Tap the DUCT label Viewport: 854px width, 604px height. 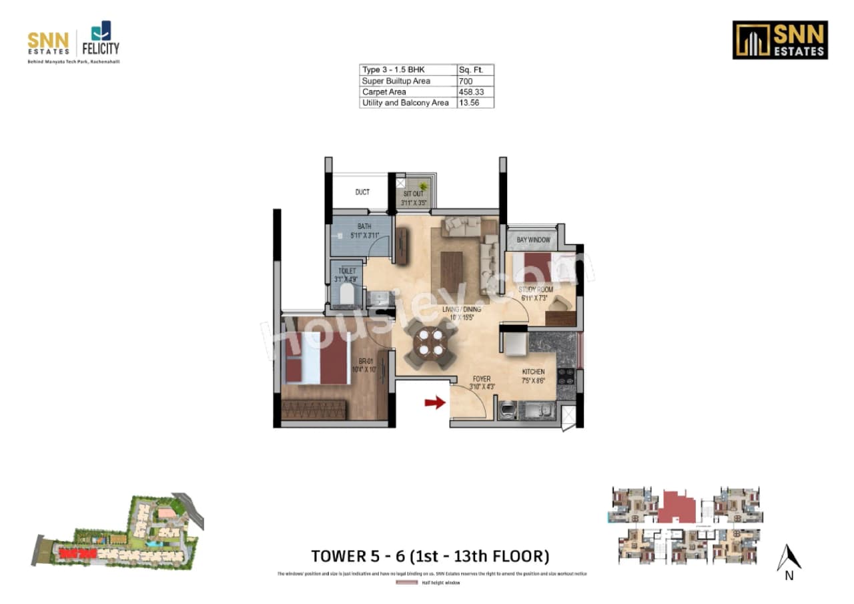pyautogui.click(x=362, y=192)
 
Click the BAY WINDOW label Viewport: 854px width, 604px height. pyautogui.click(x=534, y=240)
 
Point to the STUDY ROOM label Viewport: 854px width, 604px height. pyautogui.click(x=536, y=290)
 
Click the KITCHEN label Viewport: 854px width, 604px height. pyautogui.click(x=533, y=372)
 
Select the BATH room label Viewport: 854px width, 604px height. pyautogui.click(x=364, y=227)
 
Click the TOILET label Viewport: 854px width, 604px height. pyautogui.click(x=347, y=271)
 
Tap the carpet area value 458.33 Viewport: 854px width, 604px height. pyautogui.click(x=470, y=91)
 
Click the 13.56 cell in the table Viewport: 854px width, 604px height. pyautogui.click(x=468, y=103)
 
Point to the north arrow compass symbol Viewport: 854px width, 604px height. pyautogui.click(x=789, y=559)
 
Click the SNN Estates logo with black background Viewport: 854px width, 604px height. pyautogui.click(x=780, y=40)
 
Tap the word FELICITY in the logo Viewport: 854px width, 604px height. pyautogui.click(x=100, y=48)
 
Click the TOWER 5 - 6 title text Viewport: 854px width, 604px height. pyautogui.click(x=430, y=556)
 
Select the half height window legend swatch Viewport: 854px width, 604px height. pyautogui.click(x=406, y=583)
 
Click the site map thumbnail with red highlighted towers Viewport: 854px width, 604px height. pyautogui.click(x=117, y=534)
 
